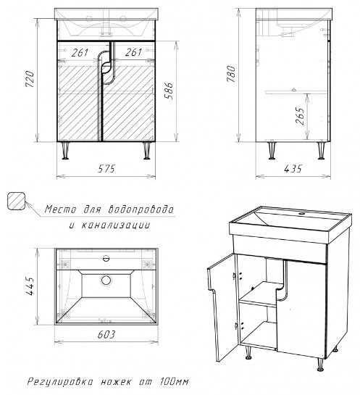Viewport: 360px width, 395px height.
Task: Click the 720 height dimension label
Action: click(30, 79)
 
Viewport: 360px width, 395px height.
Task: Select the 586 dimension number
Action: click(169, 91)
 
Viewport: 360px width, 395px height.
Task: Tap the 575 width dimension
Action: click(106, 169)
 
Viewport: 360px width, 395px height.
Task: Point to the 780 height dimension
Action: click(231, 74)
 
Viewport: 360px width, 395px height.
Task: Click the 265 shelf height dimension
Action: click(301, 116)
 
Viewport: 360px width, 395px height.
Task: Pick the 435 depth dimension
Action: click(293, 169)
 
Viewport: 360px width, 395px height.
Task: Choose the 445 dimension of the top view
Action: click(30, 286)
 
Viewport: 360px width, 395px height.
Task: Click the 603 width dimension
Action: click(106, 334)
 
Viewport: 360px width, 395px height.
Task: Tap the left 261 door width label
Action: click(80, 53)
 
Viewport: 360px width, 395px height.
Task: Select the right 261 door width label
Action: click(133, 52)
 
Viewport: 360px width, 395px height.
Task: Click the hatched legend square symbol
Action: click(17, 201)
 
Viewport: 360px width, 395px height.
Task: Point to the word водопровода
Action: click(141, 209)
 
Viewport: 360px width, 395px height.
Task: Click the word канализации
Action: click(116, 225)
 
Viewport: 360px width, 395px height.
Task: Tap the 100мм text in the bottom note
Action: click(175, 382)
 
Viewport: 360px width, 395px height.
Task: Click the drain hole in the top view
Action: click(106, 280)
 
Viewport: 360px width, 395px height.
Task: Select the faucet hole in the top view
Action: click(106, 258)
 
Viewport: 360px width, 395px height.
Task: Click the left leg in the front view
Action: click(65, 151)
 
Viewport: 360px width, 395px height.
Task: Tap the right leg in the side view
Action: click(321, 151)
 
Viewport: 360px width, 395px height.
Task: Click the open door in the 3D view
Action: click(222, 307)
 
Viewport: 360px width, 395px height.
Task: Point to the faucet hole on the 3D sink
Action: click(301, 214)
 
